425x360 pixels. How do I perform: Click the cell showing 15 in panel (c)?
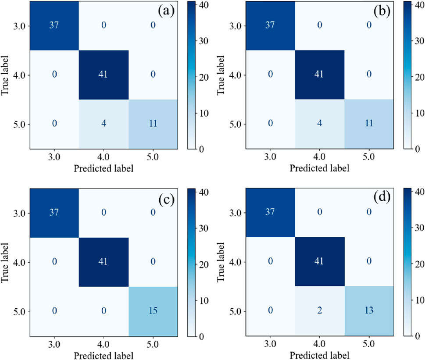153,311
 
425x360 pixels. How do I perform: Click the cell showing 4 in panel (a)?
104,125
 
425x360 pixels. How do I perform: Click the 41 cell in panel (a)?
104,75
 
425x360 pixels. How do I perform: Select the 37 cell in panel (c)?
54,213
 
